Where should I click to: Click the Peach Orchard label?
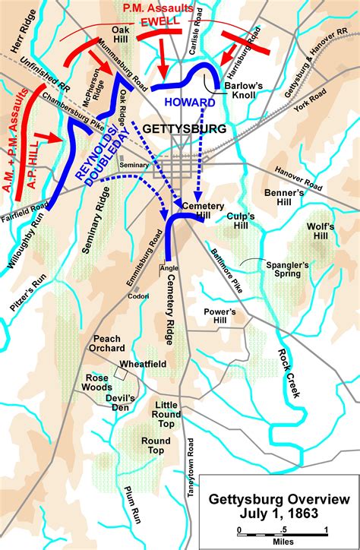pos(109,344)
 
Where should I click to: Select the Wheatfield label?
pos(142,364)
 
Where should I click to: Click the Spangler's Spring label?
pos(287,270)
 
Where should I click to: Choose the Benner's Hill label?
pos(284,198)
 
